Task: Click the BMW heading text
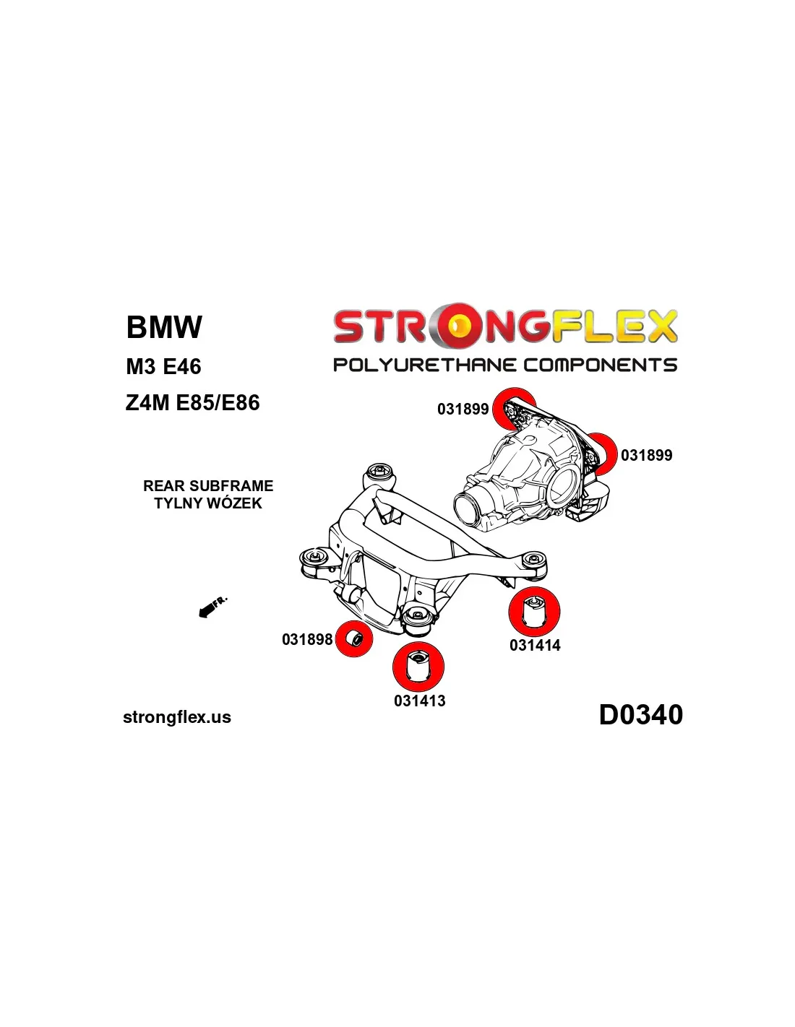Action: (x=164, y=327)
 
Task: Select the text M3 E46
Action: (x=163, y=367)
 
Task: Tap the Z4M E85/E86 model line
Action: (x=192, y=403)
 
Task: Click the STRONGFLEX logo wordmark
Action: (x=504, y=326)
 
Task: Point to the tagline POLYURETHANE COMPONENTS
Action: (x=504, y=365)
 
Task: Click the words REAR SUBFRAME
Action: (x=208, y=486)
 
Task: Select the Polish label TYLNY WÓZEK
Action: (x=208, y=503)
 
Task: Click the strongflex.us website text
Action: (x=177, y=717)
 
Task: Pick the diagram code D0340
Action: (x=640, y=715)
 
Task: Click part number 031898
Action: (x=307, y=639)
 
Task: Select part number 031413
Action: (x=419, y=701)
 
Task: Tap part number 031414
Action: (x=535, y=646)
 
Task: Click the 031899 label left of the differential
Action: (x=463, y=409)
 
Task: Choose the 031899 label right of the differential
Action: (x=646, y=456)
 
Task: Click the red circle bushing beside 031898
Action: (x=354, y=638)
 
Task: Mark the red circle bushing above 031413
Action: (x=418, y=666)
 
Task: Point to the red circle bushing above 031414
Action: (x=534, y=611)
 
